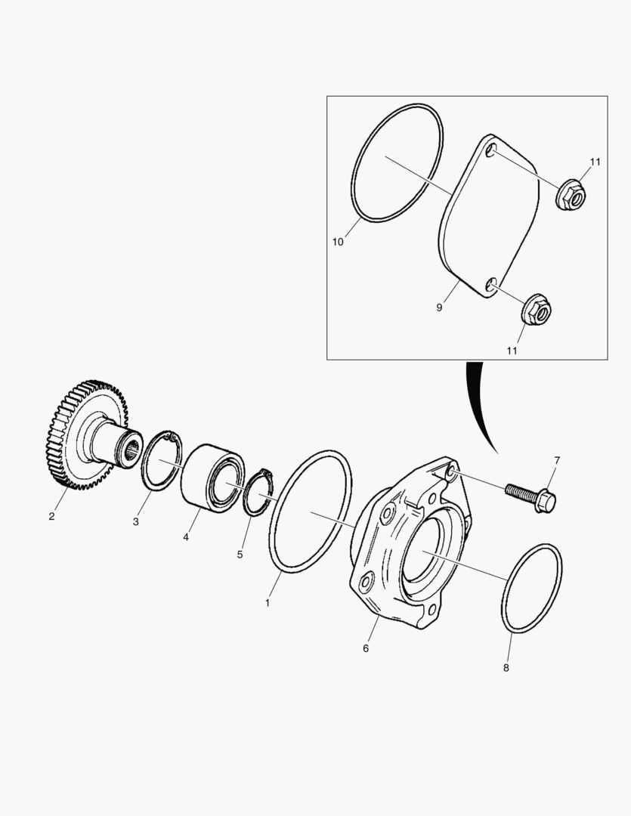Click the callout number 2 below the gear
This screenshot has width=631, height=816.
[51, 517]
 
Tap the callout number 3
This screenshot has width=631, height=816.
[136, 522]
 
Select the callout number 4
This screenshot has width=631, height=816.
[186, 538]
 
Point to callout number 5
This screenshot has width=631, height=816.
[240, 555]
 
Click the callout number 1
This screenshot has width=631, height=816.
[268, 603]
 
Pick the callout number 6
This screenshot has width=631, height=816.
[366, 648]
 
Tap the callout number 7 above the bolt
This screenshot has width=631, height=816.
[557, 461]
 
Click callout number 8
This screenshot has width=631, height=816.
[506, 668]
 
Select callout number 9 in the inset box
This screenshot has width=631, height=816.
[439, 308]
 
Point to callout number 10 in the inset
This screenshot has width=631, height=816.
[338, 242]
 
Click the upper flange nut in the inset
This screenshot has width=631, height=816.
[571, 195]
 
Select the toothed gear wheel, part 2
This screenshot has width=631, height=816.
[86, 435]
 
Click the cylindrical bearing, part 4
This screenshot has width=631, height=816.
[212, 478]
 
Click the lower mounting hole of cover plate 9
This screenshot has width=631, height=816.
[490, 285]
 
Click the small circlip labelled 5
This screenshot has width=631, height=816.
[259, 493]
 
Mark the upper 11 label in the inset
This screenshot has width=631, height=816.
[595, 162]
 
